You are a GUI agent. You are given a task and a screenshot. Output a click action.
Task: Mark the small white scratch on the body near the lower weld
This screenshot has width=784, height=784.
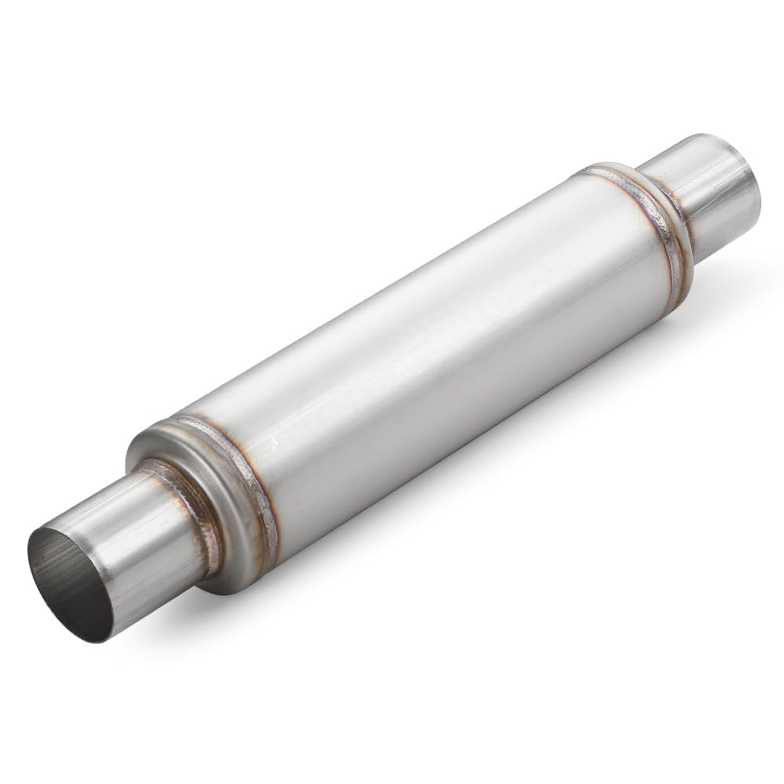tap(274, 443)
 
